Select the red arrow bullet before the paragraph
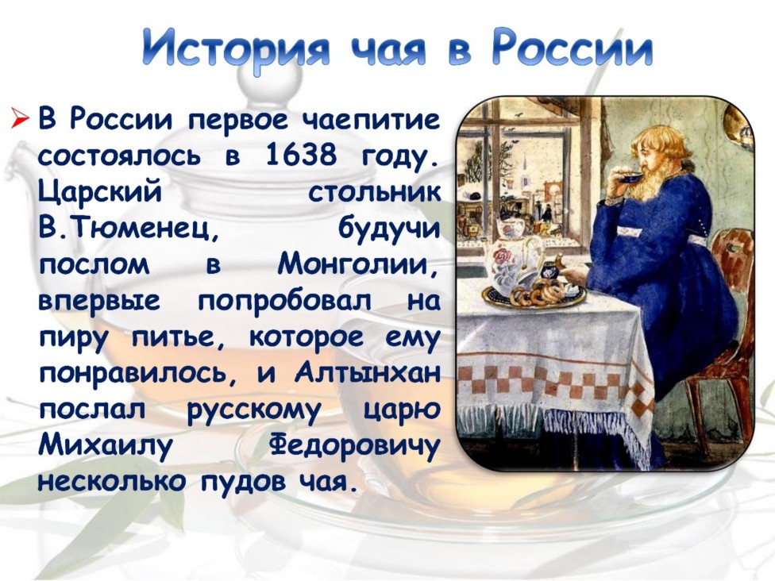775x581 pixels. coord(21,119)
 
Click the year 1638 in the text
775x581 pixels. coord(300,155)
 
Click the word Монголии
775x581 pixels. coord(358,264)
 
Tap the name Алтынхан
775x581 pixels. coord(367,372)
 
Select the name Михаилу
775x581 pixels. coord(106,445)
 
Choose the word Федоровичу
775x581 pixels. coord(354,445)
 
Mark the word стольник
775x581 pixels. coord(374,192)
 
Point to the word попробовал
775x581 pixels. coord(285,302)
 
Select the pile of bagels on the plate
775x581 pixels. coord(538,291)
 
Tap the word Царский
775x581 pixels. coord(100,193)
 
